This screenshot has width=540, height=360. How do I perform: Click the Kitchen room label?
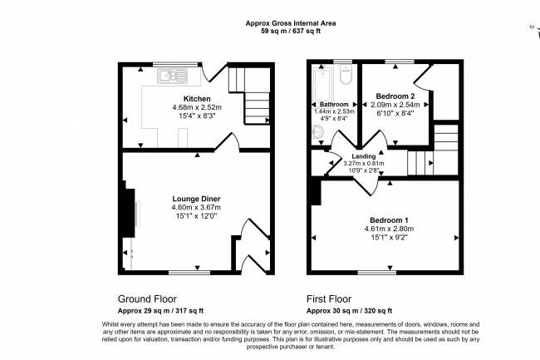pyautogui.click(x=197, y=99)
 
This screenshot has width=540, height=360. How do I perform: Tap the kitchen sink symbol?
pyautogui.click(x=172, y=76)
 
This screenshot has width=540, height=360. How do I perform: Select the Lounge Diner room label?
pyautogui.click(x=196, y=199)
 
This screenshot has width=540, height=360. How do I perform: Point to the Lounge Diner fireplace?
pyautogui.click(x=129, y=213)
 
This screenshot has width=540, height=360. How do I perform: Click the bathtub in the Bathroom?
pyautogui.click(x=322, y=85)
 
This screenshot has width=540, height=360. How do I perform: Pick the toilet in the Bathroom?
pyautogui.click(x=345, y=74)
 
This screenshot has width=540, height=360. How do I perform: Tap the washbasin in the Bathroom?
pyautogui.click(x=317, y=131)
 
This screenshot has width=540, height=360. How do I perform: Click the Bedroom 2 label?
pyautogui.click(x=395, y=96)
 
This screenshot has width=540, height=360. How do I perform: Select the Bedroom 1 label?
pyautogui.click(x=389, y=220)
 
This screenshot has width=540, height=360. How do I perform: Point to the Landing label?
pyautogui.click(x=364, y=156)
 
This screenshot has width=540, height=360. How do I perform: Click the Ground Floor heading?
pyautogui.click(x=147, y=298)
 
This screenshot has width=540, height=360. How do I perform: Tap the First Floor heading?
pyautogui.click(x=329, y=298)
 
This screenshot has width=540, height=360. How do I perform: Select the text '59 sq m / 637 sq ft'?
pyautogui.click(x=291, y=31)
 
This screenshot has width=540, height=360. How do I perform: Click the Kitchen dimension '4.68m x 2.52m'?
pyautogui.click(x=197, y=107)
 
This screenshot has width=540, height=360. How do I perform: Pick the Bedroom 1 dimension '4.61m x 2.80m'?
pyautogui.click(x=389, y=229)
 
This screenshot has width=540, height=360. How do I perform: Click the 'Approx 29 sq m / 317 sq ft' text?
pyautogui.click(x=160, y=311)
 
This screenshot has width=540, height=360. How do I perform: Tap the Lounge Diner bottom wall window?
pyautogui.click(x=189, y=273)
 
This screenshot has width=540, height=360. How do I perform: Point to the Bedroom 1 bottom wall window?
pyautogui.click(x=377, y=273)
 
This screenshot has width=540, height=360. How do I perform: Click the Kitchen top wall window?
pyautogui.click(x=176, y=64)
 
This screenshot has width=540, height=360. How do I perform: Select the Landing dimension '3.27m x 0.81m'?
pyautogui.click(x=364, y=164)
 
